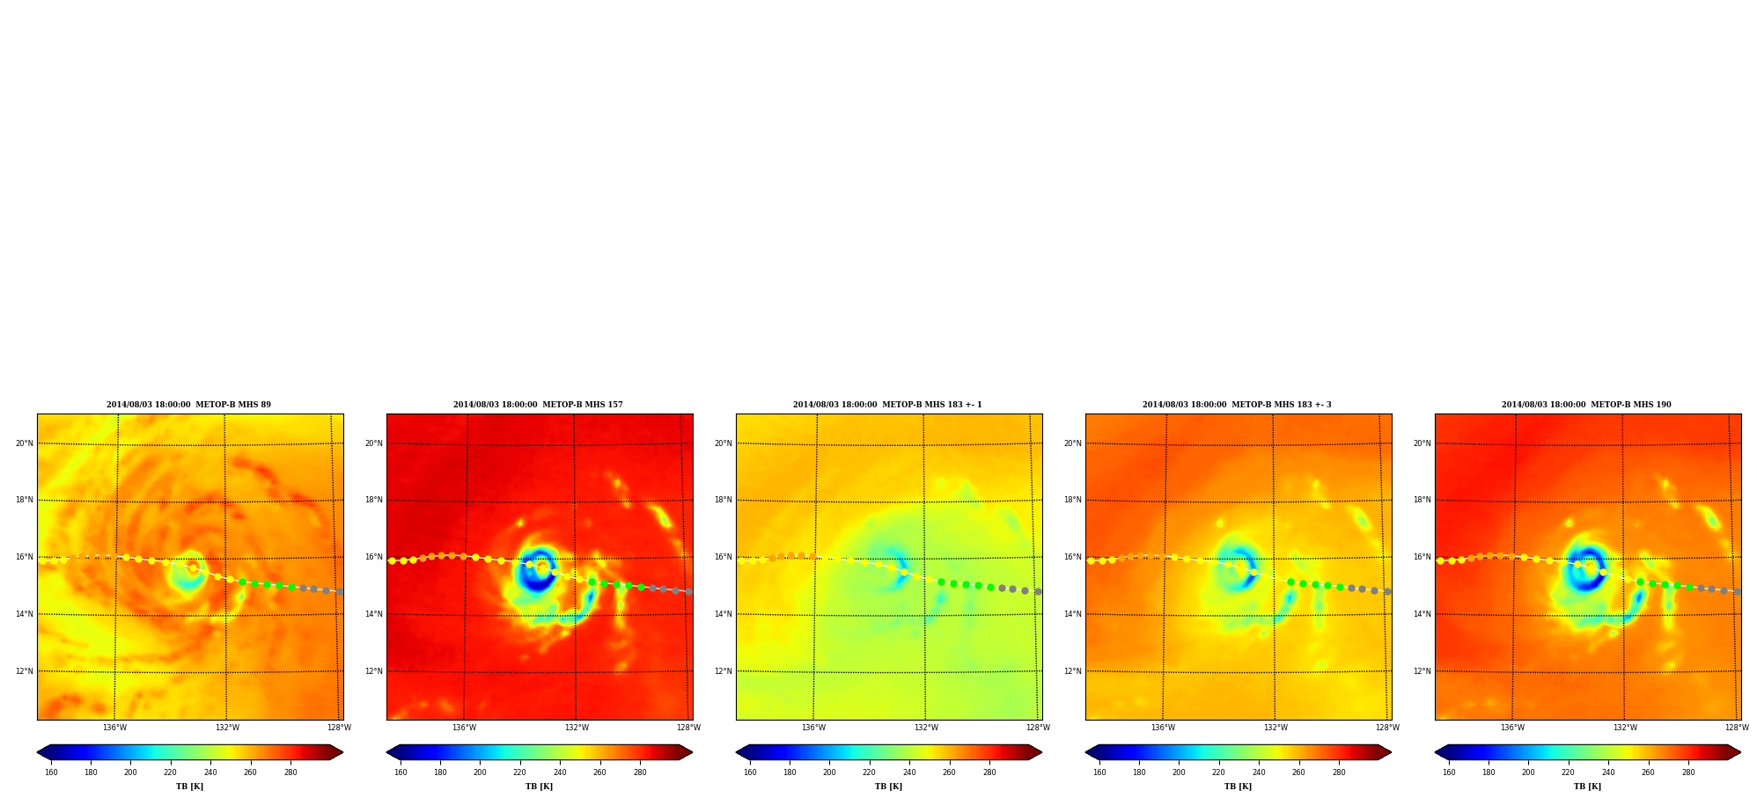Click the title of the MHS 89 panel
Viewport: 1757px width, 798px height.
point(188,405)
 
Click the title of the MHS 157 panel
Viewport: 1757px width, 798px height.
point(538,405)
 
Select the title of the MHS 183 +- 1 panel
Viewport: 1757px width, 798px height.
point(887,405)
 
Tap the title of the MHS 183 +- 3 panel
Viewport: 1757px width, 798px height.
point(1237,405)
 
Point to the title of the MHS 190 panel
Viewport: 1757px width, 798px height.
point(1586,405)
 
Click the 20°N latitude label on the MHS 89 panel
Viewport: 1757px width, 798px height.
point(24,443)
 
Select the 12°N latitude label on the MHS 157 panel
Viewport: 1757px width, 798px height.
point(373,671)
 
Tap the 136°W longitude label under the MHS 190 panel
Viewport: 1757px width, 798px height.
point(1512,728)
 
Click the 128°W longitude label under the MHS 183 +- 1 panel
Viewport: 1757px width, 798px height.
point(1038,728)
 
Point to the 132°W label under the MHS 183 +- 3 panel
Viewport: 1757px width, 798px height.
point(1275,728)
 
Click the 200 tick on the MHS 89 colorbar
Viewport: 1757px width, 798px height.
point(130,772)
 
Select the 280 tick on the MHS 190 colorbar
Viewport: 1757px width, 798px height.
point(1688,772)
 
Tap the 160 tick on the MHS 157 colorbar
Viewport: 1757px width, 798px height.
point(401,772)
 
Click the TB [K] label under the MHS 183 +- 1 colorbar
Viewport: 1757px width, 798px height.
point(888,787)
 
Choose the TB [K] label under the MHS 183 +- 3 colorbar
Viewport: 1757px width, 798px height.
point(1238,787)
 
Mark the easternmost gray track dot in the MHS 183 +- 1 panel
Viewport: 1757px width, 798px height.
point(1038,591)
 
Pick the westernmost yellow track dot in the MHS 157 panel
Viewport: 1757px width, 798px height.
point(392,560)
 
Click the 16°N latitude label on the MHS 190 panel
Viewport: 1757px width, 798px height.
point(1422,557)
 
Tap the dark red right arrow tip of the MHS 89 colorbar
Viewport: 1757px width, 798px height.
point(342,752)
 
